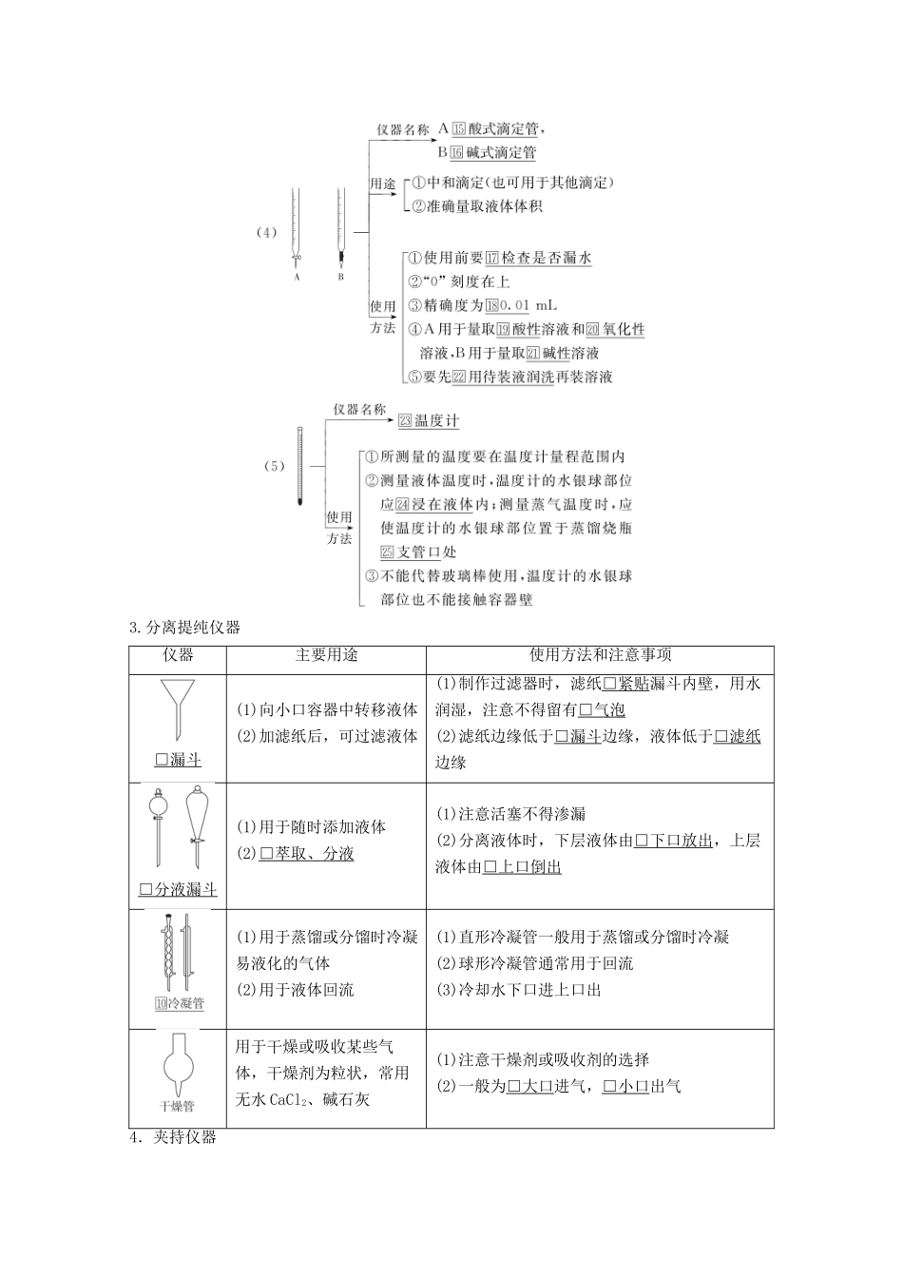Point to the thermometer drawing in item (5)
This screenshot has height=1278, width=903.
[299, 466]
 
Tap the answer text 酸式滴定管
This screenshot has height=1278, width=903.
[509, 129]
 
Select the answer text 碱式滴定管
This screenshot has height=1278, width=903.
[501, 152]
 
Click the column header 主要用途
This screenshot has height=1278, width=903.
[326, 655]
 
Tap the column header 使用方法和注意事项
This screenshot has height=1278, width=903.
[600, 655]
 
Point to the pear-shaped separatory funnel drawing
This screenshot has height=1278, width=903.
[196, 824]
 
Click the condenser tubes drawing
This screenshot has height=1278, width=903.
[178, 952]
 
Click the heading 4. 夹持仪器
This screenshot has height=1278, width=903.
[173, 1137]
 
